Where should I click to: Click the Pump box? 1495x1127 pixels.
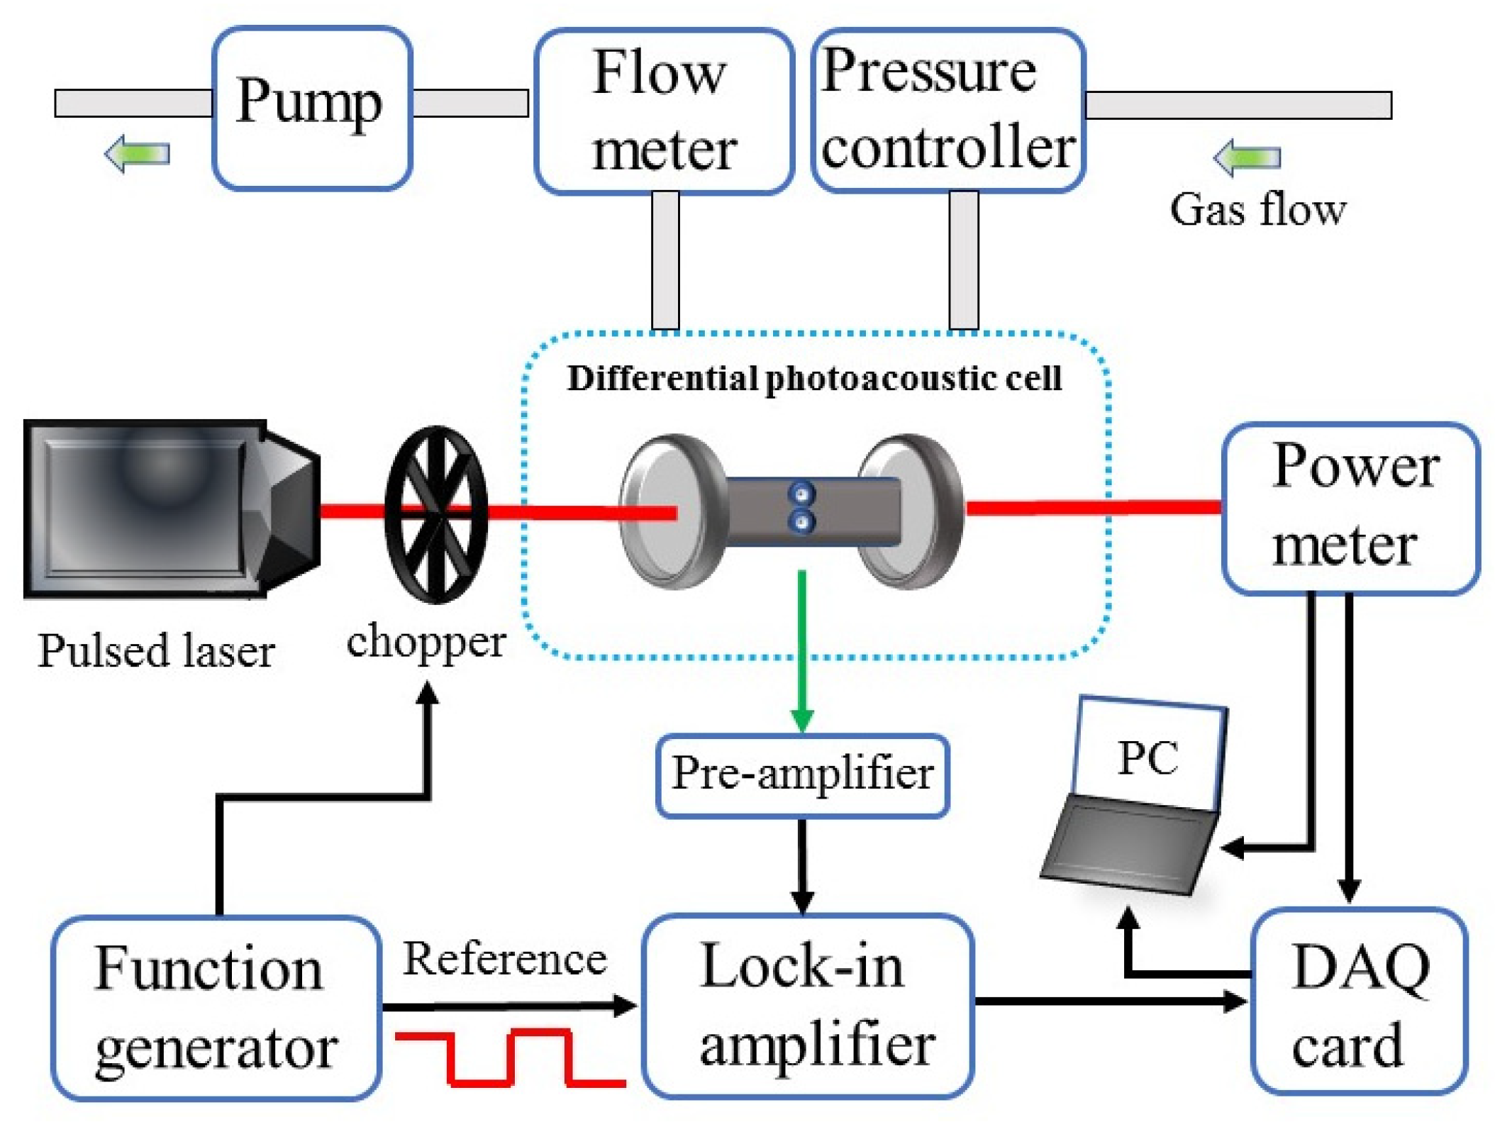pos(312,108)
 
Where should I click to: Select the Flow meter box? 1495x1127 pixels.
pos(663,111)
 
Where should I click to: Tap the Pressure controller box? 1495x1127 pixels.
pos(947,110)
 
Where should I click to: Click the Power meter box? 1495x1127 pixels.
pos(1350,508)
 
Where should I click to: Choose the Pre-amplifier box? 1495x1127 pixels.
pos(802,776)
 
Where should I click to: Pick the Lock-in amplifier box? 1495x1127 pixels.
pos(808,1006)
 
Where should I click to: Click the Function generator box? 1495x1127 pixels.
pos(216,1008)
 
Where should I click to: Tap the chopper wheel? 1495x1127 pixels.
pos(435,515)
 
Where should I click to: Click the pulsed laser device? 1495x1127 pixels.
pos(172,509)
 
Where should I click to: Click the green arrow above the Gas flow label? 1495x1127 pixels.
pos(1247,157)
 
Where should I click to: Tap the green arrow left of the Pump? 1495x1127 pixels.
pos(137,153)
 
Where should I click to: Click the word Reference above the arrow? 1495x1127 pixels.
pos(505,959)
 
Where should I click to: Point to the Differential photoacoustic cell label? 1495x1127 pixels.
pos(814,378)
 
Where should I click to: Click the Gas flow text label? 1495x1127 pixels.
pos(1257,209)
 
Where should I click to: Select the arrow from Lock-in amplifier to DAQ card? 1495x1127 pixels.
pos(1111,1001)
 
